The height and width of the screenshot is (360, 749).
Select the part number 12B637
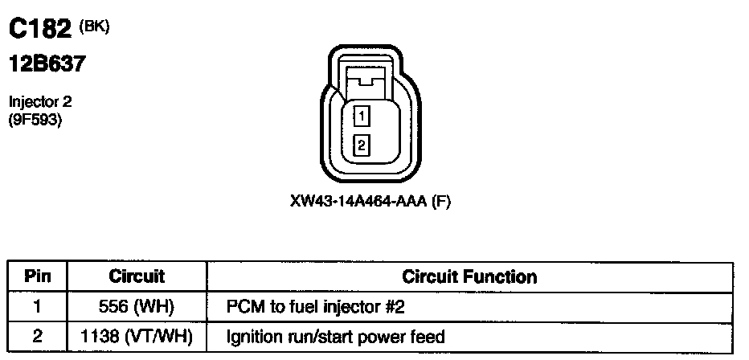pos(47,65)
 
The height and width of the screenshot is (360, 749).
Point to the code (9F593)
pos(35,121)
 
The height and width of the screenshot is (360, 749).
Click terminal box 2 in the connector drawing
pos(362,145)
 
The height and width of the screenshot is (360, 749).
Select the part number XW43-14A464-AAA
pos(358,202)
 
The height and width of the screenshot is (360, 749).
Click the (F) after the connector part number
pos(441,202)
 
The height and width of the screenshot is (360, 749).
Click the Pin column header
pos(38,276)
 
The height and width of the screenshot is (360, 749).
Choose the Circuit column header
pos(137,276)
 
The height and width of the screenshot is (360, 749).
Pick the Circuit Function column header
pos(469,276)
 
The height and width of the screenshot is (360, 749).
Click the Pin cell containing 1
pos(37,306)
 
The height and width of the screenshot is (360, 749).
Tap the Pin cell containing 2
pos(37,336)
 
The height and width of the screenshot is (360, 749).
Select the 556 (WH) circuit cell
pos(137,306)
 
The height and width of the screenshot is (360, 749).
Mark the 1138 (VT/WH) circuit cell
pos(137,336)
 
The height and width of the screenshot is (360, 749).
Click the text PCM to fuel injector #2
pos(321,306)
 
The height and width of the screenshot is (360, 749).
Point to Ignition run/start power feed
pos(335,336)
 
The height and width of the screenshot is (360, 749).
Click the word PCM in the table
pos(244,306)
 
